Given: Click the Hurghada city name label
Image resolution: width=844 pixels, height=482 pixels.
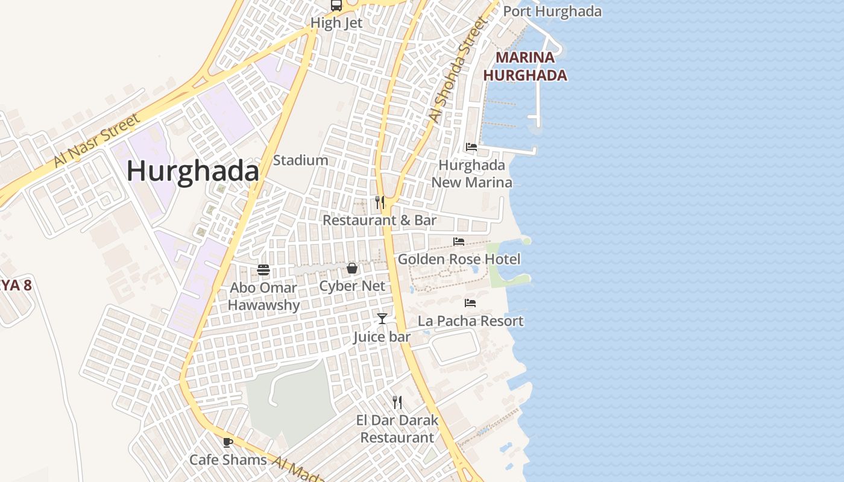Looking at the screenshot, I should click(x=193, y=172).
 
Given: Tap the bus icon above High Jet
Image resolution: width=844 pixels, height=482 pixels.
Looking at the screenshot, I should click(x=336, y=6).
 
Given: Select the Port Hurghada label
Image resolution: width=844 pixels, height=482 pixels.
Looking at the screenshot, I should click(x=552, y=11).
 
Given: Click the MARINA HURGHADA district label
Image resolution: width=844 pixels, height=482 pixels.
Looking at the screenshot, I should click(x=525, y=66).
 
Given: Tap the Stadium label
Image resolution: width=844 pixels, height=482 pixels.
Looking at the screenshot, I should click(x=301, y=160).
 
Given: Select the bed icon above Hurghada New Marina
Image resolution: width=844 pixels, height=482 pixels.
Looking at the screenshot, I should click(x=471, y=147).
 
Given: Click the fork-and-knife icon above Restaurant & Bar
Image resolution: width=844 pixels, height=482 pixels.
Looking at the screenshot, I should click(x=380, y=202).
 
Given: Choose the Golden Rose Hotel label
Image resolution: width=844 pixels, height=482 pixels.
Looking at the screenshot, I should click(x=459, y=259).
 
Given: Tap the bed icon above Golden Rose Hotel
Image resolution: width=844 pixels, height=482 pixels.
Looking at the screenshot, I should click(x=459, y=242).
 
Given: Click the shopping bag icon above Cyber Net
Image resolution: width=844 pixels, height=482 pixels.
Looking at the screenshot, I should click(x=352, y=268).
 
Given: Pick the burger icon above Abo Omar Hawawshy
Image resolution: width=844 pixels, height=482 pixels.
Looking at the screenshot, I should click(x=263, y=269).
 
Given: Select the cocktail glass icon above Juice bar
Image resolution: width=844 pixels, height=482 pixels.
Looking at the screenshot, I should click(x=382, y=318).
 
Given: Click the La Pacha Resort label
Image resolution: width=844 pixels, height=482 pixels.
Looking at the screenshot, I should click(x=471, y=321).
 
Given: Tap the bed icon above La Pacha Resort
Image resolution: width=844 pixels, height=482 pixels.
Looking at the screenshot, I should click(x=470, y=303).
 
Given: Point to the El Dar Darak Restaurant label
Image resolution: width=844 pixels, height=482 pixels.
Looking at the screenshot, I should click(x=397, y=428).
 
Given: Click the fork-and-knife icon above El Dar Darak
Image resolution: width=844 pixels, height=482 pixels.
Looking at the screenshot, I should click(x=397, y=402).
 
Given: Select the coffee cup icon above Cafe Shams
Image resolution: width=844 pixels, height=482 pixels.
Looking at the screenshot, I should click(x=228, y=442).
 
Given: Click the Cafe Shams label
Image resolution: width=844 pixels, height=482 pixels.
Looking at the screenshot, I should click(x=228, y=460).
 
